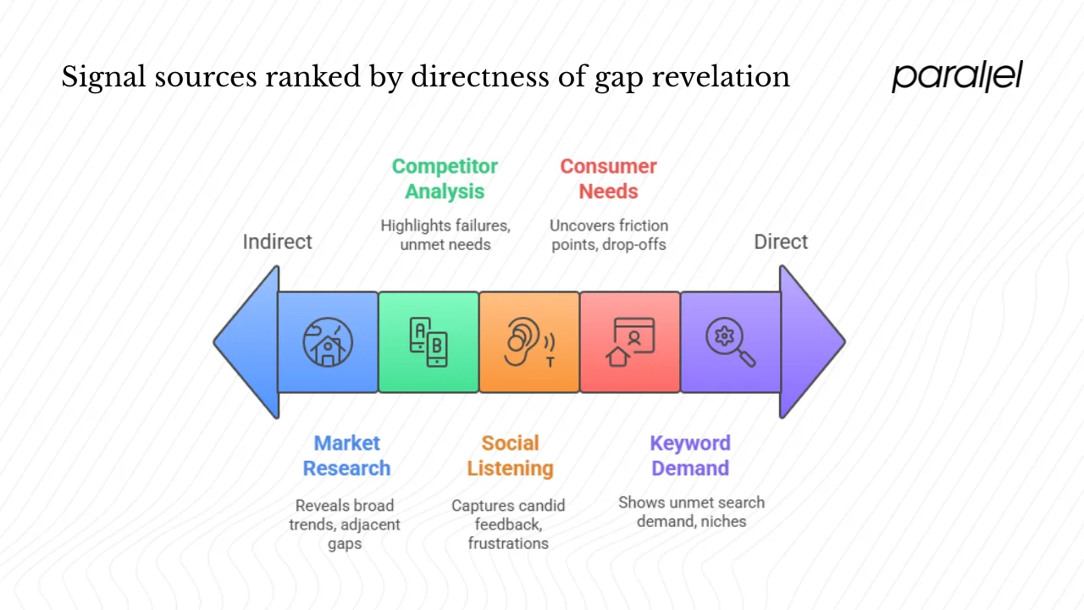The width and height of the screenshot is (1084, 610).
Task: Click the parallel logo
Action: coord(957,76)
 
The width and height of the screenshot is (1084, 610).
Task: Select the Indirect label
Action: coord(277,242)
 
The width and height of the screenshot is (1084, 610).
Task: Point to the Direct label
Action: coord(781,242)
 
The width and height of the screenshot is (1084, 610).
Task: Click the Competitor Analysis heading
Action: coord(445,179)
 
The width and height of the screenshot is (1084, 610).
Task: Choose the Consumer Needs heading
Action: coord(608,179)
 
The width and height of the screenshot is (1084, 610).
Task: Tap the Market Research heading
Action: coord(346,456)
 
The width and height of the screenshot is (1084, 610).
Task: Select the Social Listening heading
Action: coord(510,456)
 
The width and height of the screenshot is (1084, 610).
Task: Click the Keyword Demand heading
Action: coord(689,456)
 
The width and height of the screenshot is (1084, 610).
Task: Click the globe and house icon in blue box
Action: coord(328,341)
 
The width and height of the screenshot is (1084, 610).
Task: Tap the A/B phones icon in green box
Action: coord(429,341)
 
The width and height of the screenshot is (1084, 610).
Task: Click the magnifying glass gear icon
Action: coord(730,341)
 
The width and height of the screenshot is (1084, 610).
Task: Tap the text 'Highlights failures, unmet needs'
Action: coord(445,235)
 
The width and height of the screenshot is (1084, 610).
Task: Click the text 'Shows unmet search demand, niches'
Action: coord(691,512)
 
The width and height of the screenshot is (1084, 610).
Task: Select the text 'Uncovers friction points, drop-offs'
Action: coord(608,235)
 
